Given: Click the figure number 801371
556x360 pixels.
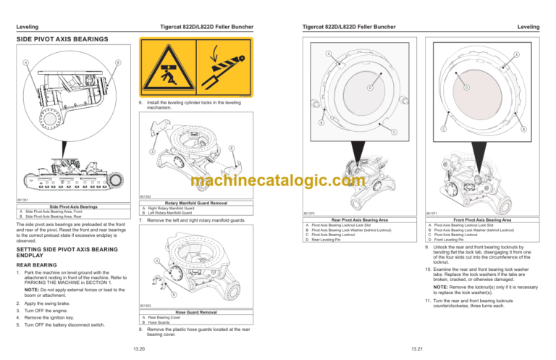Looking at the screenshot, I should (432, 213).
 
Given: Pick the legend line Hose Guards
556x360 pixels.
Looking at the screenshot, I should (161, 322).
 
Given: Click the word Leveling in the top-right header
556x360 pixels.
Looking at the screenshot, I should (528, 27).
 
